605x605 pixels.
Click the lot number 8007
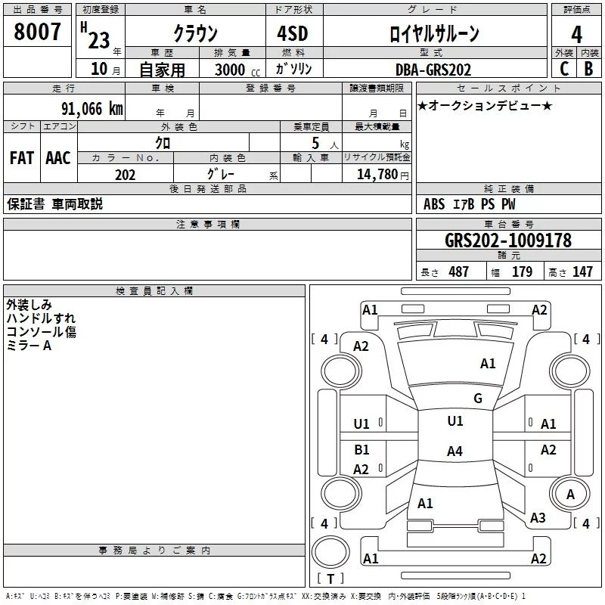coord(37,32)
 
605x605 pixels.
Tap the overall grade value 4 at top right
coord(576,35)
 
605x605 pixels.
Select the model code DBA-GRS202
coord(433,70)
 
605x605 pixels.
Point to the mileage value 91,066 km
coord(92,109)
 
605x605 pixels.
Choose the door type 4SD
coord(293,33)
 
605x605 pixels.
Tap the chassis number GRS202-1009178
coord(508,240)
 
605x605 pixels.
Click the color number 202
coord(126,175)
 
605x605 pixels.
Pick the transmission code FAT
coord(22,158)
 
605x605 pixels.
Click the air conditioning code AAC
coord(58,158)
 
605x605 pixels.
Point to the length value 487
coord(459,271)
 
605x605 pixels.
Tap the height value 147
coord(582,271)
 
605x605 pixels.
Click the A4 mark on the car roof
coord(455,451)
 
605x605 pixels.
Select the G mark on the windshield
coord(478,399)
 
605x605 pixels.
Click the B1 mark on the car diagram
coord(361,449)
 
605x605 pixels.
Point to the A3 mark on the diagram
coord(538,517)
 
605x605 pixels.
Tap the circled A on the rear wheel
coord(571,495)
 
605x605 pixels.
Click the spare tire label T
coord(330,579)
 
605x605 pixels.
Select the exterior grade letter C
coord(564,69)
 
